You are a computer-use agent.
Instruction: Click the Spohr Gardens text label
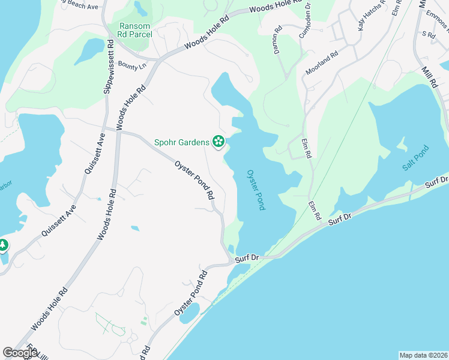click(x=182, y=142)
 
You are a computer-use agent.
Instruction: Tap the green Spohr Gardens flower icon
click(x=218, y=142)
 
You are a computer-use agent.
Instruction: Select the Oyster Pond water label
click(x=256, y=190)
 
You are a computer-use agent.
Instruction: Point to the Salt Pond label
click(x=414, y=158)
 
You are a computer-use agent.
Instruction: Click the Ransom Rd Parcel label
click(x=136, y=30)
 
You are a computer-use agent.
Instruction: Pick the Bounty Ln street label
click(x=132, y=65)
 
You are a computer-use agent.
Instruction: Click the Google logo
click(x=20, y=353)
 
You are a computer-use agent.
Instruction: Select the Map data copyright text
click(x=423, y=355)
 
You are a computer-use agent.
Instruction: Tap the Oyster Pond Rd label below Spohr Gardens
click(x=195, y=180)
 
